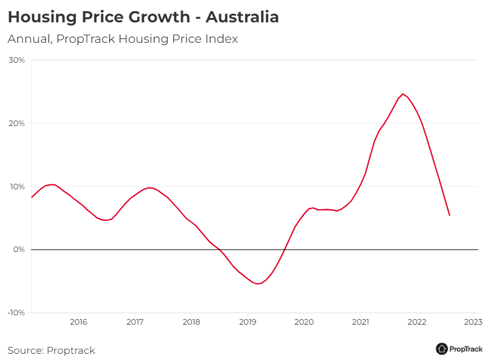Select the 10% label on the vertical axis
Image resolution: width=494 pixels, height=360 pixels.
point(17,187)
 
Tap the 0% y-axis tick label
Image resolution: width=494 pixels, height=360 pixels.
point(19,250)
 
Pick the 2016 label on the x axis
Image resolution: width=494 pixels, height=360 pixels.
point(78,322)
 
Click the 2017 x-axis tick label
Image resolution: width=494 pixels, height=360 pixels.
point(135,322)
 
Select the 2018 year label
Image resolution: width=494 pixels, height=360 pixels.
point(191,322)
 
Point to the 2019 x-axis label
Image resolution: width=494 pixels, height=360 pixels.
point(248,322)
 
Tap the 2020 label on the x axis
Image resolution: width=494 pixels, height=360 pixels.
point(304,322)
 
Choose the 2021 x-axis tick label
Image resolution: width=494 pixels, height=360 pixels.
point(361,322)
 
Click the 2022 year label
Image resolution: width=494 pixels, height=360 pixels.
point(416,322)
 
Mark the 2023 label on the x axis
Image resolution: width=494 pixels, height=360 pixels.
point(473,322)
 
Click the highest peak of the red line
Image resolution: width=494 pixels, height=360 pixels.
point(403,94)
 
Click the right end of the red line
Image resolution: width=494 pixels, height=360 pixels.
point(449,215)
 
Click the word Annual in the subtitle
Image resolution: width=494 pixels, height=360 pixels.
point(29,39)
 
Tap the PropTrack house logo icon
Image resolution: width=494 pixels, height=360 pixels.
point(442,349)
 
